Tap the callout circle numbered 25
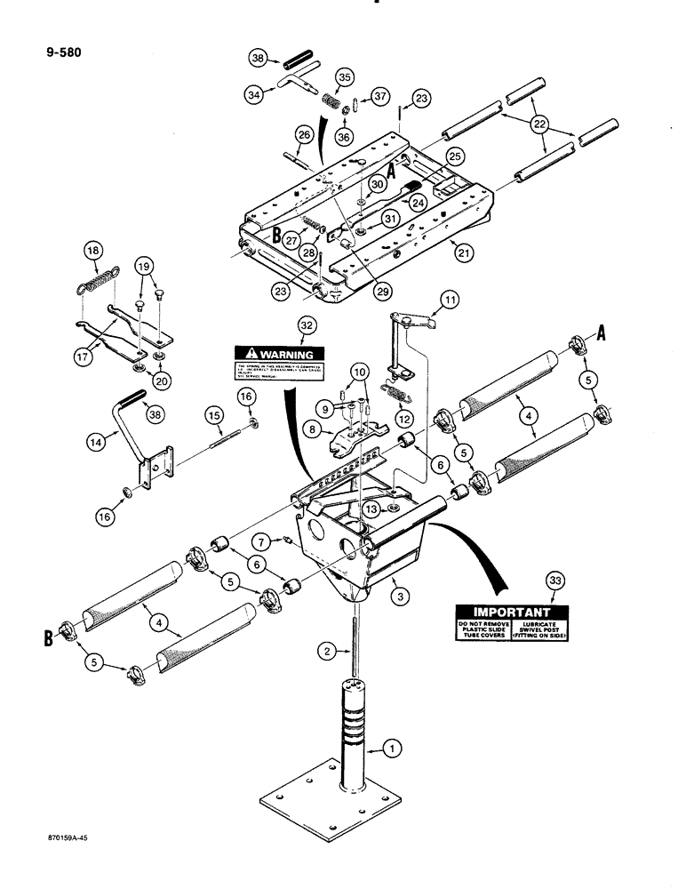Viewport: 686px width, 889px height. click(455, 156)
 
